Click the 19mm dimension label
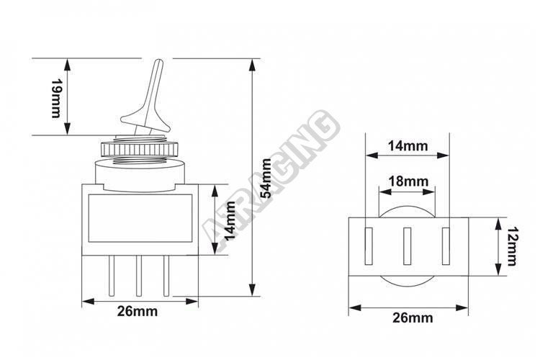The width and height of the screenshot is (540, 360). click(x=55, y=98)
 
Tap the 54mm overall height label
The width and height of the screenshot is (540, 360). click(x=266, y=178)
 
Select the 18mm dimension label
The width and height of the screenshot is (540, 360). click(x=408, y=181)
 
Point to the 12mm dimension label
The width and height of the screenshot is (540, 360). click(x=512, y=246)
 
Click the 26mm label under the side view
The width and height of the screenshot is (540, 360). click(x=138, y=311)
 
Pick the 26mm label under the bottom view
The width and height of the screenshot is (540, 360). click(x=413, y=318)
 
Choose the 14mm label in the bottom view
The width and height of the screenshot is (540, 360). click(x=408, y=145)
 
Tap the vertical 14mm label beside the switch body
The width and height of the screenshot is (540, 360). click(x=230, y=220)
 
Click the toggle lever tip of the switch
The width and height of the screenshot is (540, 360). click(x=159, y=62)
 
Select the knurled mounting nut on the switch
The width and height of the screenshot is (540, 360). click(x=140, y=148)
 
